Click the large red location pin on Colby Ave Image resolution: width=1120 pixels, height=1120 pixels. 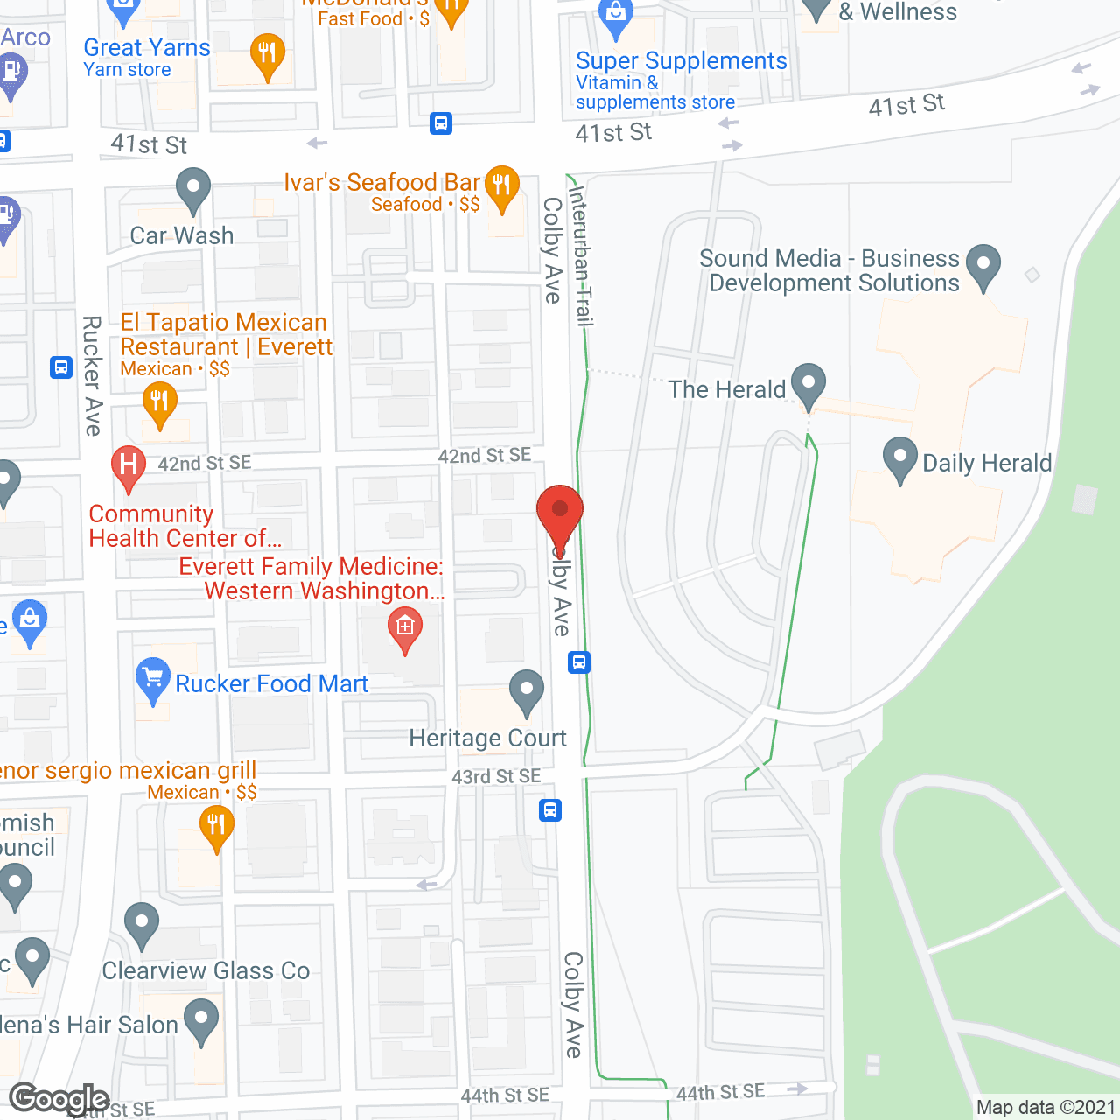tap(559, 513)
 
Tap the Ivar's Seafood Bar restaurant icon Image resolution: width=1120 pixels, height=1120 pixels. tap(501, 185)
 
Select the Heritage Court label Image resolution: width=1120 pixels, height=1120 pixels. tap(487, 738)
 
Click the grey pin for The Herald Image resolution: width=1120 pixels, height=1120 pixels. tap(808, 383)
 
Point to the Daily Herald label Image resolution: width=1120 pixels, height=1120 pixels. tap(987, 464)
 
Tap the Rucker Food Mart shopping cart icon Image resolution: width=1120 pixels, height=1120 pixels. tap(153, 677)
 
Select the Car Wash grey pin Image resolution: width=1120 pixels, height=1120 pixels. tap(193, 188)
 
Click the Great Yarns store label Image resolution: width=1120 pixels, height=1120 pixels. tap(147, 48)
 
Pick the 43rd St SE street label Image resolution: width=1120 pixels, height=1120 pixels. tap(496, 777)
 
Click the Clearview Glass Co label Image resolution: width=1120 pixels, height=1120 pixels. tap(206, 971)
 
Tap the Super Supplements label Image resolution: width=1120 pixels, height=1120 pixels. tap(681, 61)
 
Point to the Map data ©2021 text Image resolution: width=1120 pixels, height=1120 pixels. tap(1046, 1108)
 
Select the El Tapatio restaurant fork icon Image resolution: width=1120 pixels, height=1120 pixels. tap(159, 403)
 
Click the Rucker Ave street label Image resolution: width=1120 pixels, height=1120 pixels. tap(92, 376)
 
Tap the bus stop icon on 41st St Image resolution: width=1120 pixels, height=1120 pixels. tap(441, 123)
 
